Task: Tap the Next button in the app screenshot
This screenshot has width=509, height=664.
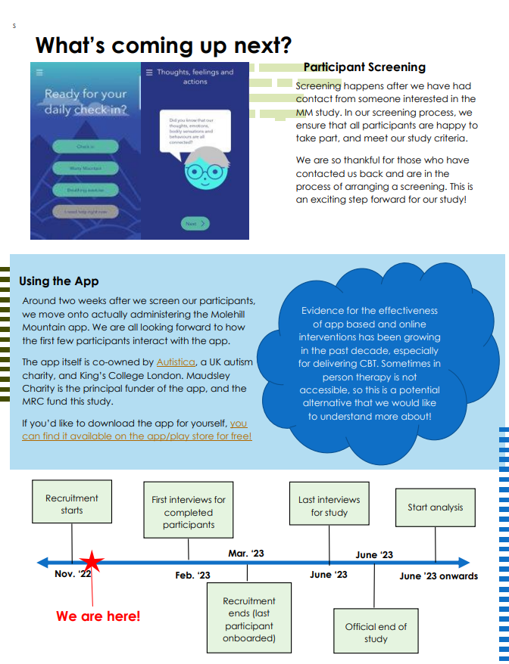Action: pos(195,224)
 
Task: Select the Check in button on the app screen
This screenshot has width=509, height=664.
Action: pos(86,147)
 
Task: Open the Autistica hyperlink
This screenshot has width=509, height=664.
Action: pos(176,362)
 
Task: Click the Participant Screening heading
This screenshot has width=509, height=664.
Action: pos(364,67)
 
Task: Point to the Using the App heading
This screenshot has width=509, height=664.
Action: pos(59,281)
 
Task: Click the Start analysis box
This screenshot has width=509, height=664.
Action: pos(435,507)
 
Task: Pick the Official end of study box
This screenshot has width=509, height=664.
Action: pos(376,632)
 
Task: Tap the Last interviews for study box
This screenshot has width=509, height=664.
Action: pos(329,506)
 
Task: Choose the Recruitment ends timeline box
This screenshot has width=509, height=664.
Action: pos(248,619)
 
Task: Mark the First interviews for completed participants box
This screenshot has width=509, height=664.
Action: pos(189,512)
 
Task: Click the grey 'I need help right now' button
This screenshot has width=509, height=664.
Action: pos(86,211)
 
